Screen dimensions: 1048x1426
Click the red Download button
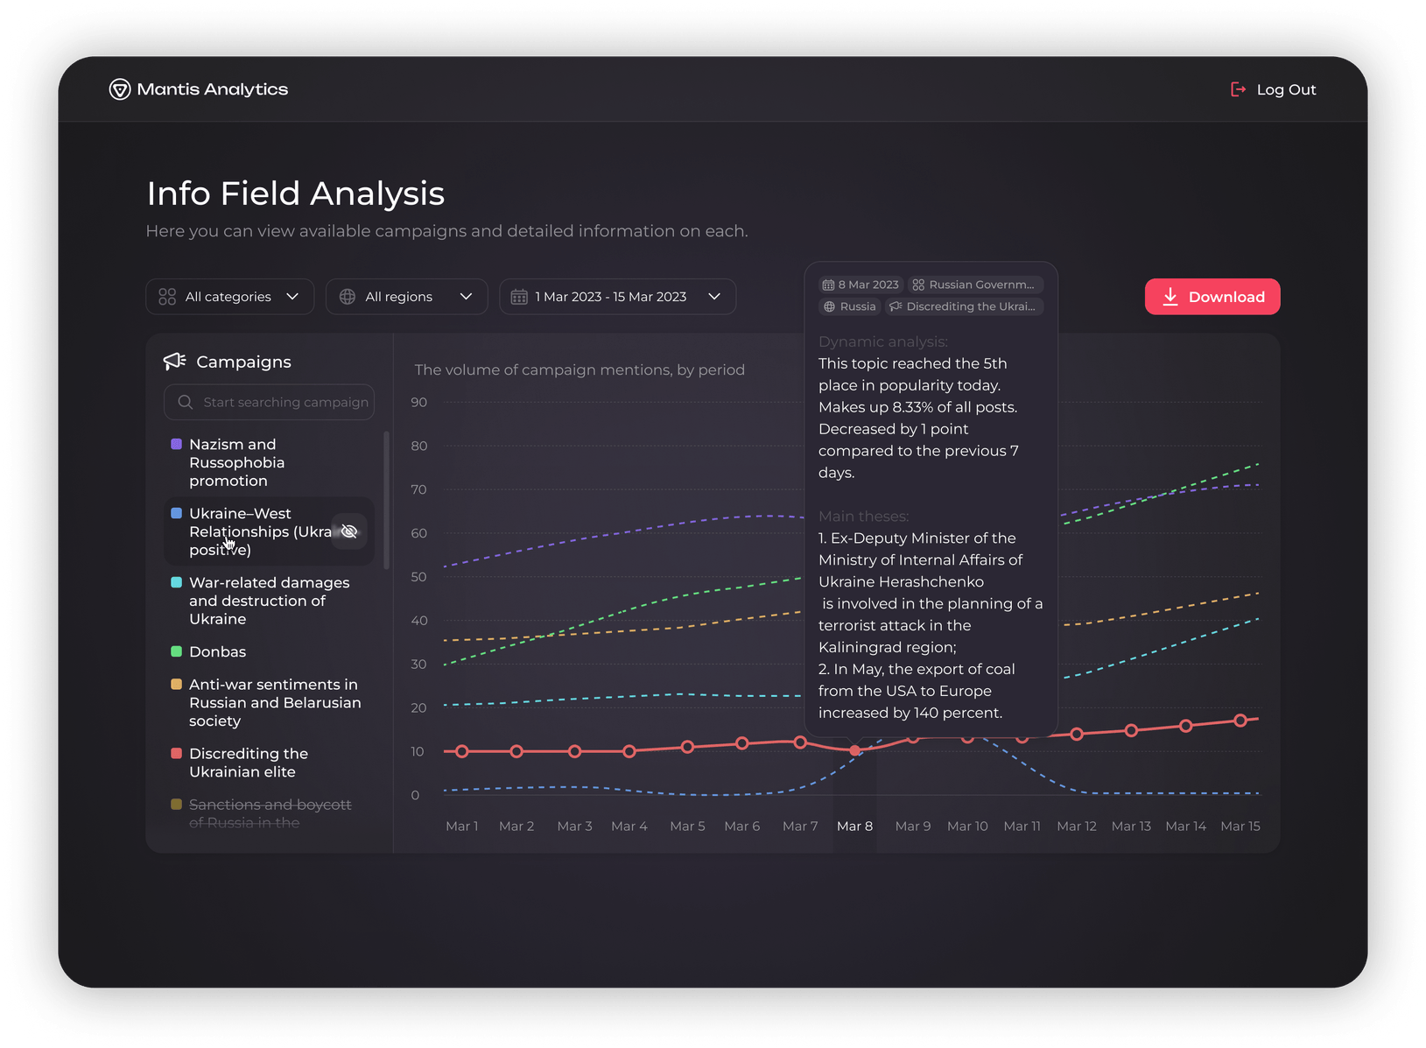[1212, 297]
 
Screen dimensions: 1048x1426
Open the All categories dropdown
[229, 297]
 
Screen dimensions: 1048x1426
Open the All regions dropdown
[406, 297]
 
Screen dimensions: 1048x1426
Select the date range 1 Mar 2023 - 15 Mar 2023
[616, 297]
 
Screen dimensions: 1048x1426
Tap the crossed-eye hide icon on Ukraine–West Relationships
[349, 531]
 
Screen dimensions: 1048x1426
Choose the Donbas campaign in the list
[217, 651]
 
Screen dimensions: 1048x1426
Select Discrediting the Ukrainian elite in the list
[248, 763]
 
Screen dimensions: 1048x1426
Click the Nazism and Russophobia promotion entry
[236, 462]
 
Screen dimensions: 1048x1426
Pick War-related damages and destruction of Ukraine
[269, 601]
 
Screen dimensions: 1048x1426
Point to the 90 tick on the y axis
[419, 402]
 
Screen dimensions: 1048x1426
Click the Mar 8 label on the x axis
[854, 826]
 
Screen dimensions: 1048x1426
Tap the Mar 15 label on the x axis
[1240, 826]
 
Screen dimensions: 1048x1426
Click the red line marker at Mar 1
[462, 751]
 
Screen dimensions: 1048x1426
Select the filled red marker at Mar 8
[855, 750]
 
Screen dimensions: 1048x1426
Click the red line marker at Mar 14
[1185, 726]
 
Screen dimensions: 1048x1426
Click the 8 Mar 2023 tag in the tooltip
[861, 285]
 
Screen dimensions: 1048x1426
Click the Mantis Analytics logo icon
[119, 89]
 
